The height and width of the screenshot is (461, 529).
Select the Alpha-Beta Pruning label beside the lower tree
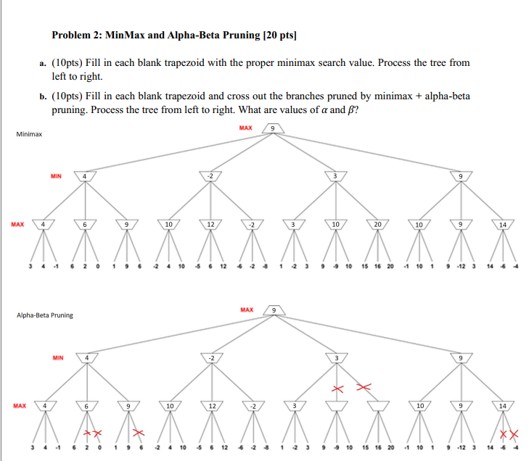[x=44, y=315]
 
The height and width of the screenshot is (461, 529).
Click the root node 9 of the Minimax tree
[x=272, y=129]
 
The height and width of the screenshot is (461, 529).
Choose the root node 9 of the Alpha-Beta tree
[x=272, y=310]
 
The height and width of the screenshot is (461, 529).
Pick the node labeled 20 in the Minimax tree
[x=377, y=225]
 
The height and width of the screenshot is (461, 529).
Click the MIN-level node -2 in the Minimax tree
[x=210, y=176]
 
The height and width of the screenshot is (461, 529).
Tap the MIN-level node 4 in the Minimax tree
[x=85, y=176]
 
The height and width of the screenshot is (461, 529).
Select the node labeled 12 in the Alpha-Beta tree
[x=210, y=406]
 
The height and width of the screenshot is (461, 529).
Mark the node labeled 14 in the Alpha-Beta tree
[x=502, y=406]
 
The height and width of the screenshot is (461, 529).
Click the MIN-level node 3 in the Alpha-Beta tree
[x=335, y=357]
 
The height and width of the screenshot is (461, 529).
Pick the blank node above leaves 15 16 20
[x=377, y=406]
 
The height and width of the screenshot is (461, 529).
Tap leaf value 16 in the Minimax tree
[x=378, y=265]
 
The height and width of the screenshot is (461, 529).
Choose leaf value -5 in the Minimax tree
[x=196, y=265]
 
